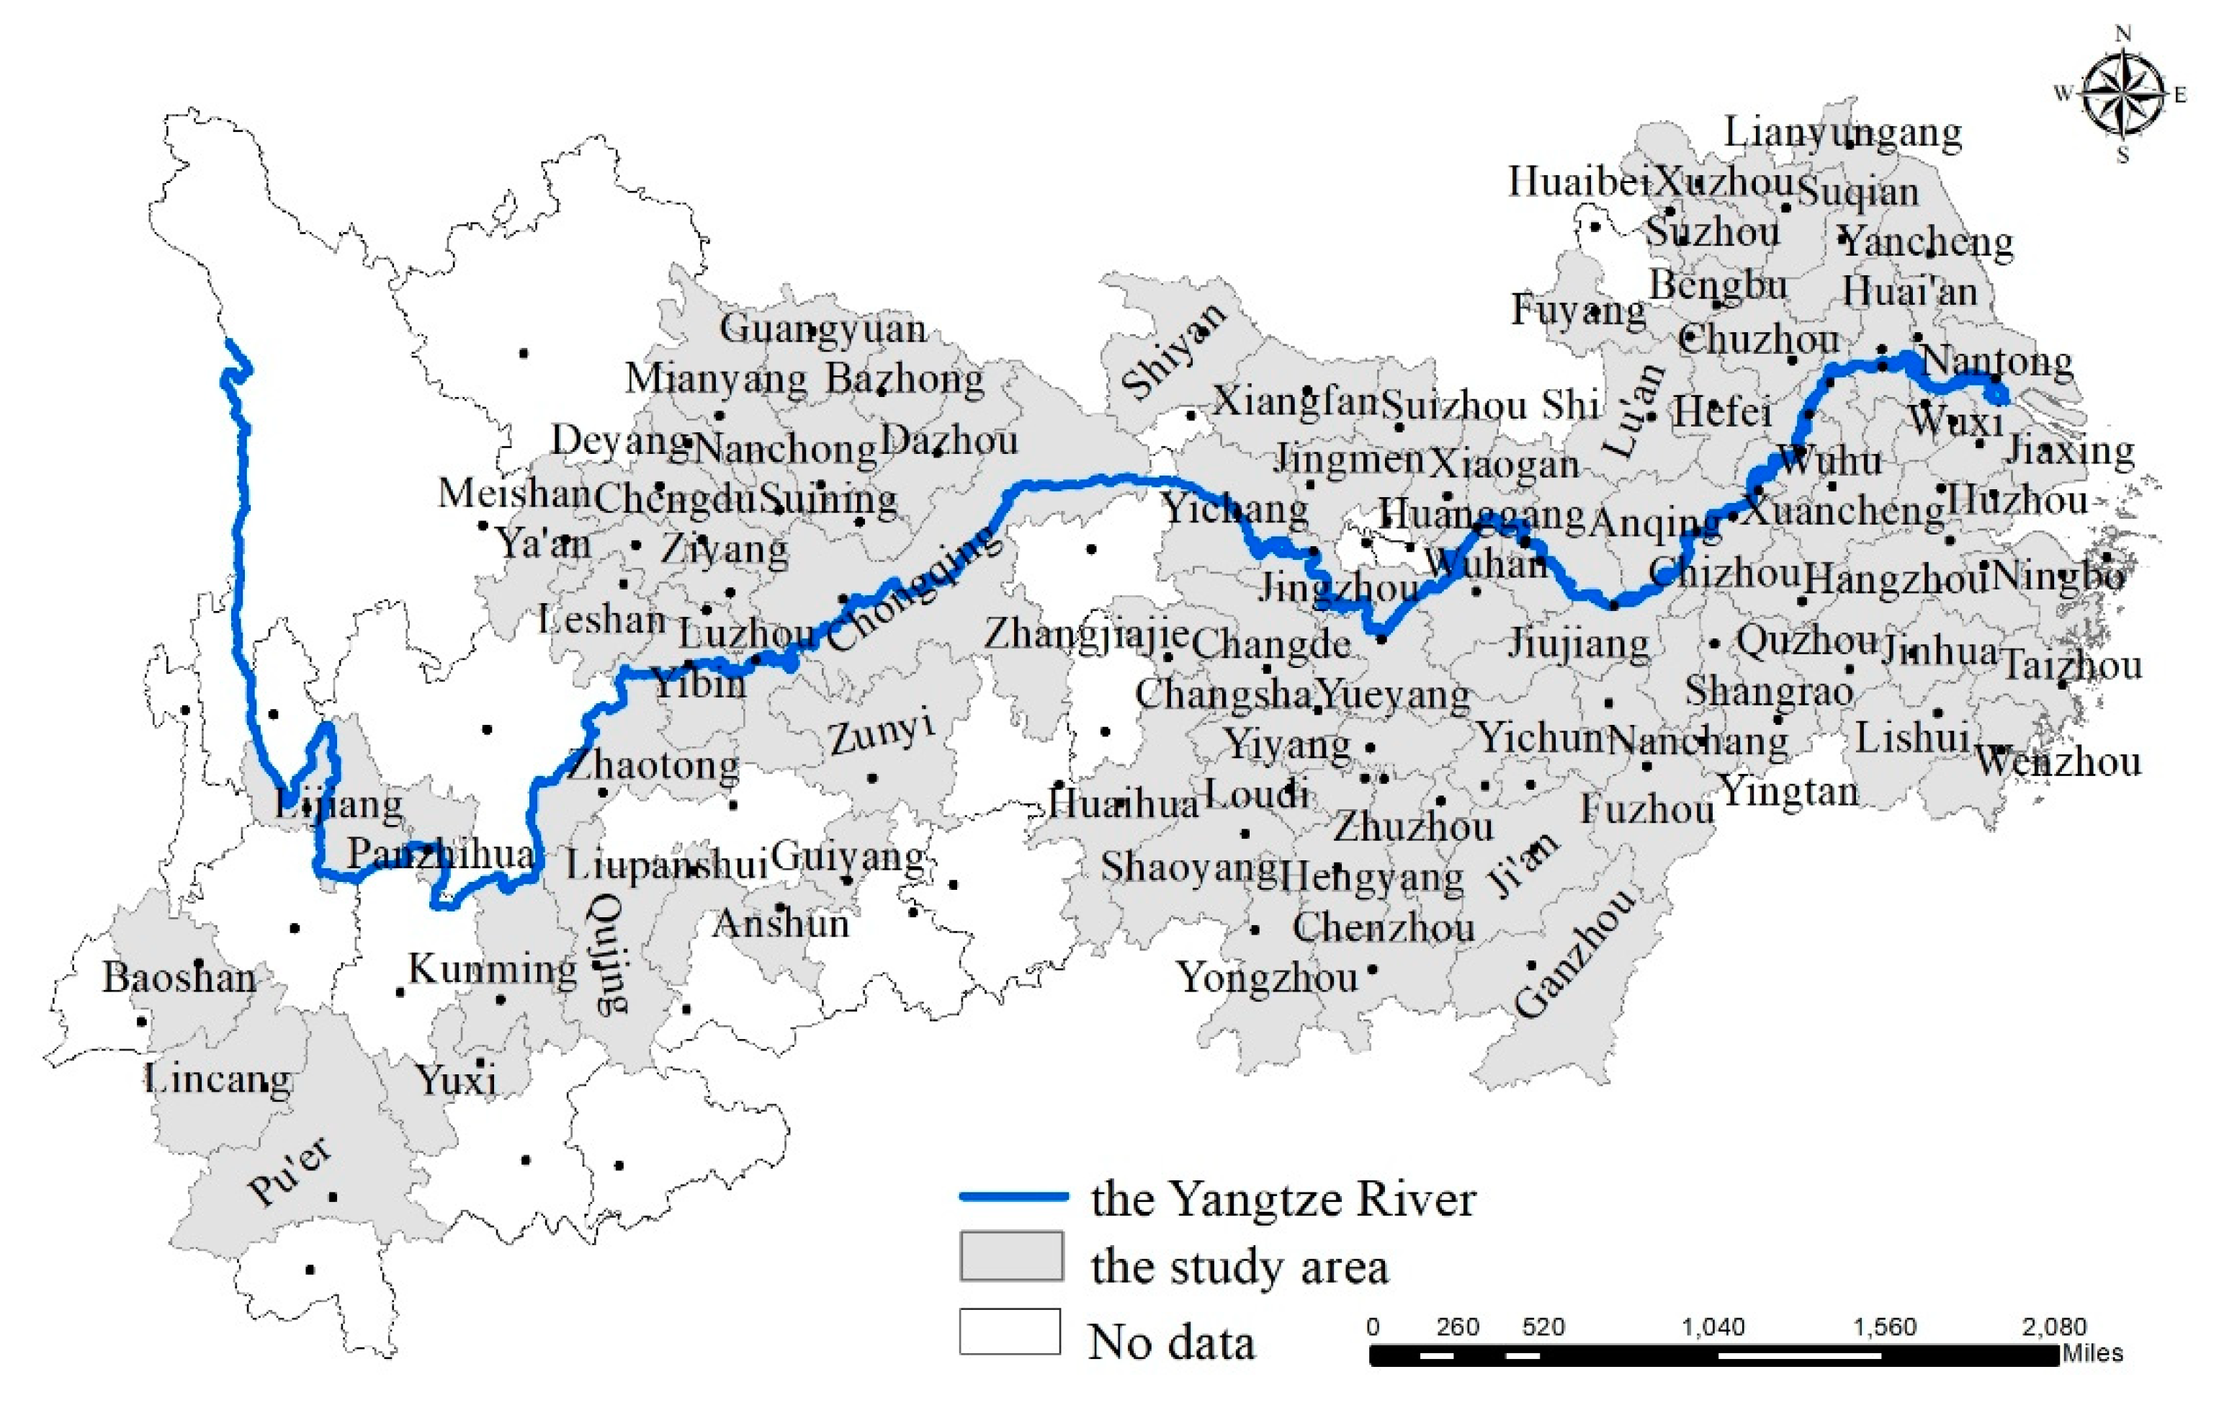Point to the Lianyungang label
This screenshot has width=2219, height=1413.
click(1842, 133)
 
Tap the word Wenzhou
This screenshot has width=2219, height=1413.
click(2057, 762)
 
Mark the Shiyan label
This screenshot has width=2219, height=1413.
click(1173, 351)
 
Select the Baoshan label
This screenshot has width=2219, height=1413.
click(179, 978)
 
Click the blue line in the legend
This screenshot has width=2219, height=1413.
click(1013, 1196)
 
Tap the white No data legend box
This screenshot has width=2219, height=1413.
click(1009, 1332)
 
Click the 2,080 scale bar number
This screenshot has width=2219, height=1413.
click(2053, 1327)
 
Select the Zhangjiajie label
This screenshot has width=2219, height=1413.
click(1085, 634)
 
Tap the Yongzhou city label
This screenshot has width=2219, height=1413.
click(1266, 978)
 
